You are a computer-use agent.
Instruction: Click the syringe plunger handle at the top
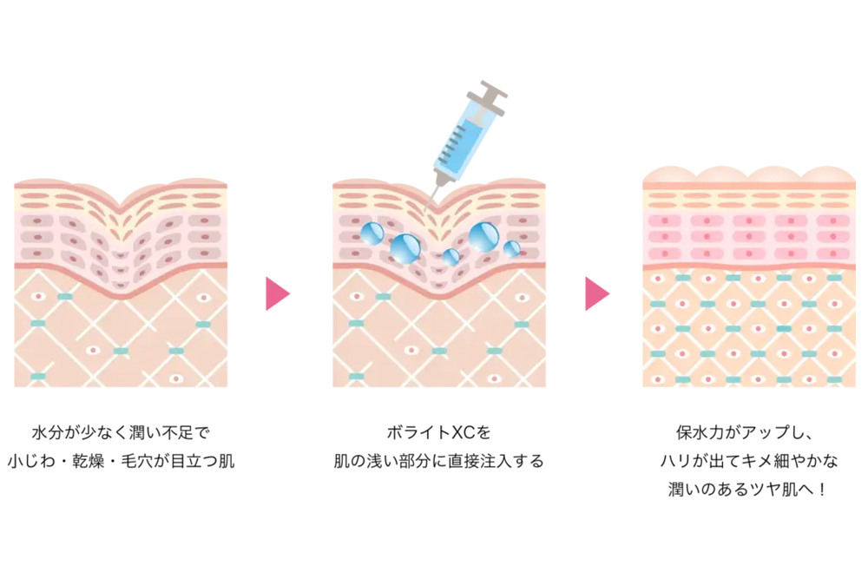coord(493,95)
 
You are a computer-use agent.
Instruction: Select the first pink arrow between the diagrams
coord(278,294)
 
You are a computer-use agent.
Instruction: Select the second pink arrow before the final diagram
coord(597,294)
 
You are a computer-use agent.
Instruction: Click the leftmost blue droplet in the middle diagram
coord(372,233)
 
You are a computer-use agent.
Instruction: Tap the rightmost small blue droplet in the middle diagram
coord(511,249)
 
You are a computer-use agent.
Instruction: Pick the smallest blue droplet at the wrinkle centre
coord(451,256)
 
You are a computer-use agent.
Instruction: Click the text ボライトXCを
coord(439,432)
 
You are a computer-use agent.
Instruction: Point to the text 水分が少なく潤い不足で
coord(121,432)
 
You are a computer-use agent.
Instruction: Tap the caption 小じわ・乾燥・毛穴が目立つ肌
coord(122,461)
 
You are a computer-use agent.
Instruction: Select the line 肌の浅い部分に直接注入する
coord(439,461)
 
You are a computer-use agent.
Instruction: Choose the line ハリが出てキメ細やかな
coord(748,461)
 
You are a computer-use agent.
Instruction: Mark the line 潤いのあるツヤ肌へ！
coord(748,490)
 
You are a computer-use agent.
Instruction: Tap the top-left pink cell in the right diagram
coord(664,220)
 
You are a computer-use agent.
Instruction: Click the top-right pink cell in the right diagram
coord(833,220)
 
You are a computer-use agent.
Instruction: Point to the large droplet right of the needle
coord(483,237)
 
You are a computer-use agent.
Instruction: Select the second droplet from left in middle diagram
coord(405,248)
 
